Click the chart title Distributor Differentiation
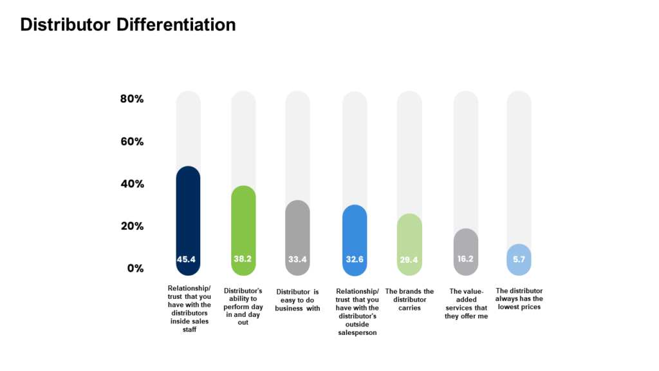click(128, 24)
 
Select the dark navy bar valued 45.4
click(188, 219)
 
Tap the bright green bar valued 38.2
click(243, 229)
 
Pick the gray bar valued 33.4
click(297, 235)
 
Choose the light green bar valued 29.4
click(409, 242)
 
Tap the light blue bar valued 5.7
click(519, 259)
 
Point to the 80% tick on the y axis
click(132, 99)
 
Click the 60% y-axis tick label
click(132, 142)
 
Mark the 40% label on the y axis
click(132, 184)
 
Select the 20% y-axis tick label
click(132, 226)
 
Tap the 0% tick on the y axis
click(135, 268)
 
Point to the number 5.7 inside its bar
click(519, 260)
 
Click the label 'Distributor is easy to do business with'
click(297, 300)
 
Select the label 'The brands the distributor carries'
click(409, 300)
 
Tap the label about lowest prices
click(519, 299)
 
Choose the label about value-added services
click(466, 303)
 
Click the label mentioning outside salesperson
click(357, 312)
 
